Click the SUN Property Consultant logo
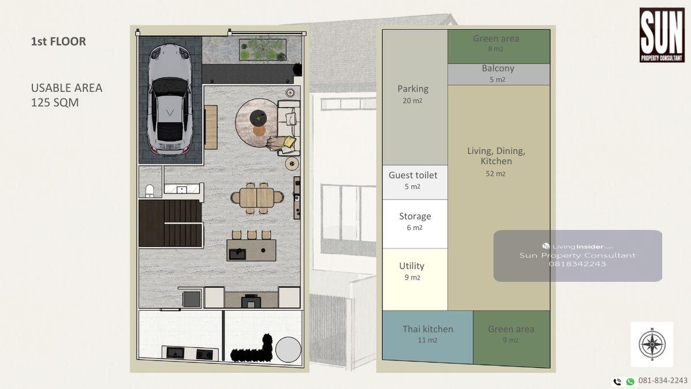tap(662, 35)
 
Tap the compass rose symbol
tap(652, 344)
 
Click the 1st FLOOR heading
tap(58, 41)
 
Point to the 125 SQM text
tap(55, 103)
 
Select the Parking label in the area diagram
tap(413, 89)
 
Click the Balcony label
tap(498, 68)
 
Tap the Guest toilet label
tap(413, 175)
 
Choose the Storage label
tap(415, 216)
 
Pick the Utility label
tap(412, 266)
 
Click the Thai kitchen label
tap(427, 329)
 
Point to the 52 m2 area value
tap(495, 174)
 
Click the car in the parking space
tap(170, 99)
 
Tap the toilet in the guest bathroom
tap(150, 191)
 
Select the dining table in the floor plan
tap(257, 198)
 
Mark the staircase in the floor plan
tap(170, 223)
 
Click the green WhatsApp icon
tap(630, 382)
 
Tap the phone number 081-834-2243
tap(663, 381)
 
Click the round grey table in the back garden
tap(288, 349)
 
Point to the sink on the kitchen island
tap(237, 254)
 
